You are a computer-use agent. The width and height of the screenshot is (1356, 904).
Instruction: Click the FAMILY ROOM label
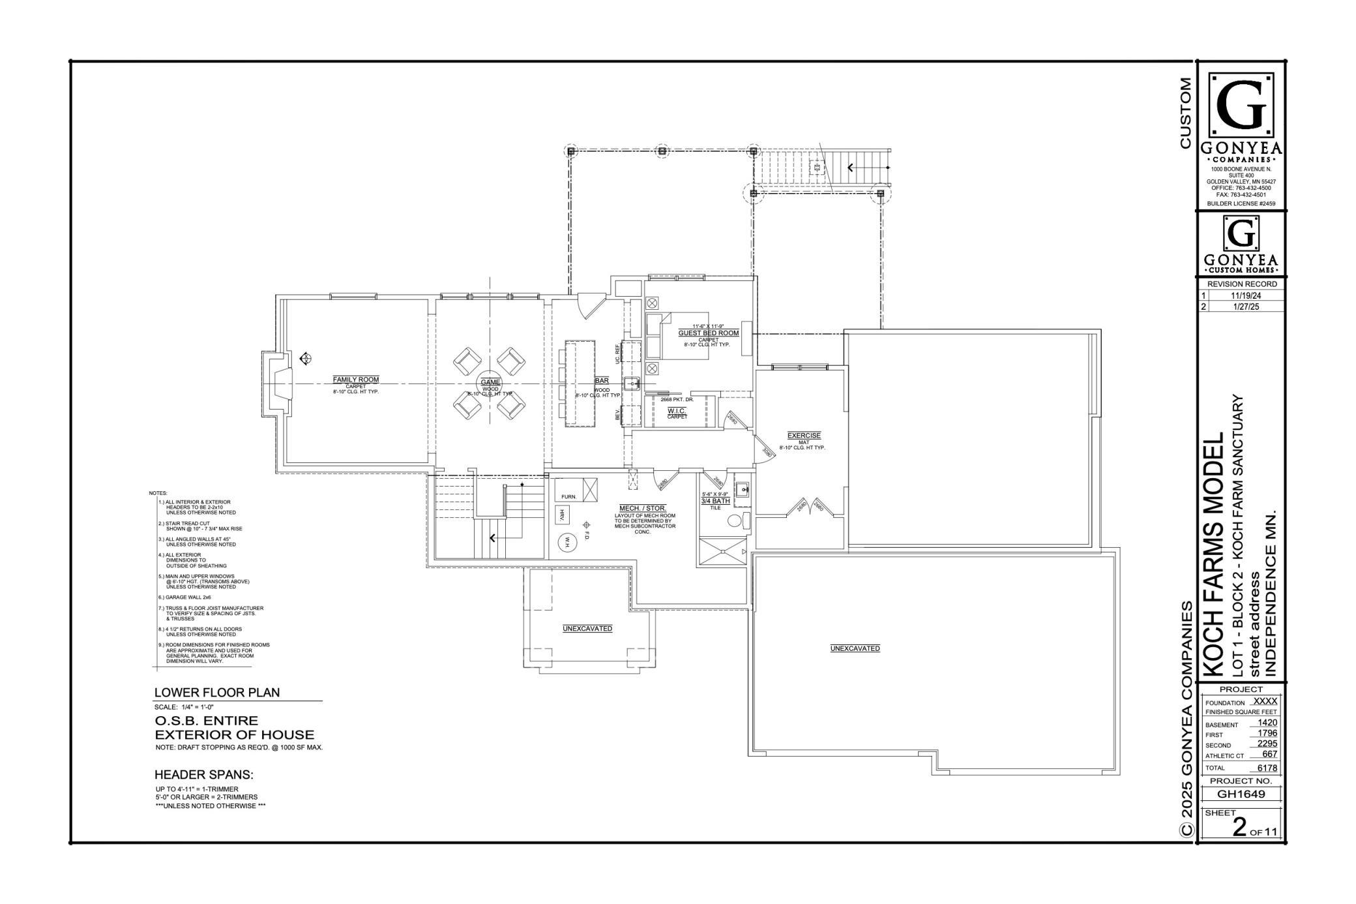coord(355,380)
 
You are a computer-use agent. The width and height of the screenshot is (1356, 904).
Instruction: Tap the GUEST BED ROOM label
coord(708,333)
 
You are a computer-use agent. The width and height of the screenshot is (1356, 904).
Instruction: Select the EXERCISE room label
coord(804,436)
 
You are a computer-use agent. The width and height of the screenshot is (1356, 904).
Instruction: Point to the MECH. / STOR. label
coord(642,508)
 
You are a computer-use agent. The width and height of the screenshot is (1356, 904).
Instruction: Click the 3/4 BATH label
coord(715,501)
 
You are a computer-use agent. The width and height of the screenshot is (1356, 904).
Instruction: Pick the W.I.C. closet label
coord(676,411)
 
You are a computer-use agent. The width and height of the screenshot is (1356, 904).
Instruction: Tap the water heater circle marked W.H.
coord(567,541)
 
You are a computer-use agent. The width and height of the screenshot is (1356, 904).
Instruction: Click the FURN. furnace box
coord(568,496)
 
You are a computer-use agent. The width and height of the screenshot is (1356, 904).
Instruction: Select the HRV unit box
coord(561,515)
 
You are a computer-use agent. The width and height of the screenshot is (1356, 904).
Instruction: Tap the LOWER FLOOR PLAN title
coord(217,693)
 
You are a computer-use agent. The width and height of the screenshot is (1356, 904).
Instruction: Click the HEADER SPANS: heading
coord(203,775)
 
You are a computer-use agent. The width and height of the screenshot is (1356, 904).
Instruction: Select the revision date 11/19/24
coord(1241,295)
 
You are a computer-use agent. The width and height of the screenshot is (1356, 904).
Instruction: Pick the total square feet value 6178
coord(1267,768)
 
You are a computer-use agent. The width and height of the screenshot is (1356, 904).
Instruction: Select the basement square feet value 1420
coord(1267,723)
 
